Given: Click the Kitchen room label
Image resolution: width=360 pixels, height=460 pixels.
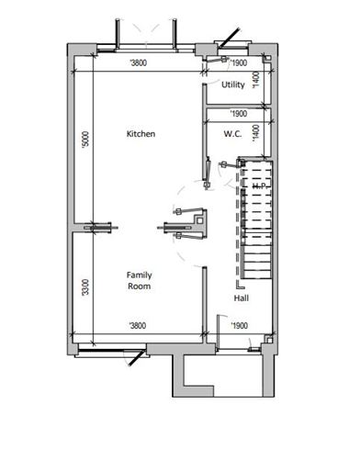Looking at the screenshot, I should click(141, 134).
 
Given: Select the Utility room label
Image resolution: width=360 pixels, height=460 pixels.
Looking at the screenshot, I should click(233, 84).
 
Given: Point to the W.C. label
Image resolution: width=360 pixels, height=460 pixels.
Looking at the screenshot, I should click(231, 134).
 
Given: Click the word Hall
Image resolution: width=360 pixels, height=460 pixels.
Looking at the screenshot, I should click(242, 298).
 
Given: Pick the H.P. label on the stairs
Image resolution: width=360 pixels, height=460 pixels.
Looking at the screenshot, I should click(258, 186).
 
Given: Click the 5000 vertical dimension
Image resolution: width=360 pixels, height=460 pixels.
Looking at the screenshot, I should click(84, 140).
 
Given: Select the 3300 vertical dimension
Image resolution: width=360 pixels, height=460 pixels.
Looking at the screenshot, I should click(84, 287).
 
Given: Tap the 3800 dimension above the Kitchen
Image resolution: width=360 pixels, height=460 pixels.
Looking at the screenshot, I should click(139, 63).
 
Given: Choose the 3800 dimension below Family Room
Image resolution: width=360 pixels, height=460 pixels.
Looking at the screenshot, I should click(139, 326).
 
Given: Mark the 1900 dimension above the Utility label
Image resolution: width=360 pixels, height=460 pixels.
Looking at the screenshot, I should click(238, 63).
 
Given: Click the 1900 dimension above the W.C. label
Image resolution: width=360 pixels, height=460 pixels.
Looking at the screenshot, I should click(238, 114).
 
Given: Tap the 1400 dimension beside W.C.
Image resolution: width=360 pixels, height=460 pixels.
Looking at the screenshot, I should click(257, 133).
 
